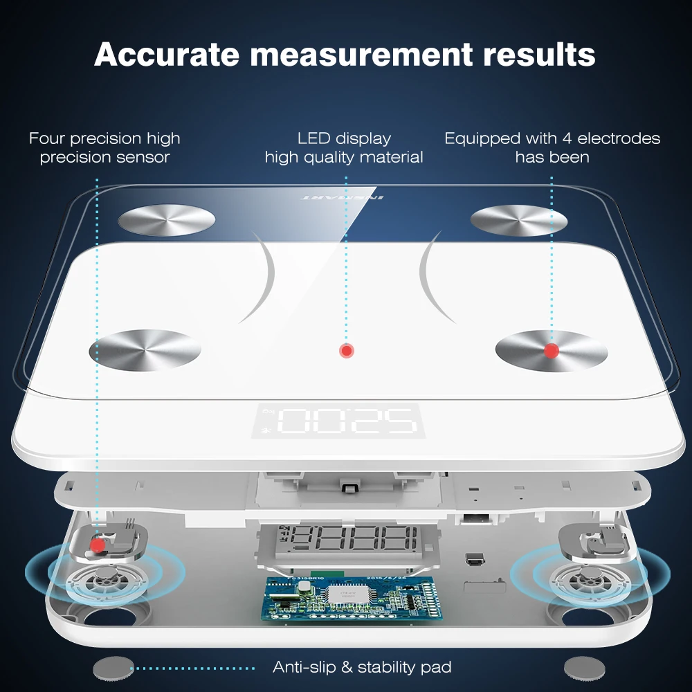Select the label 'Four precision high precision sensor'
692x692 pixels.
(x=104, y=148)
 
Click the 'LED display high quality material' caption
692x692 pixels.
(x=344, y=148)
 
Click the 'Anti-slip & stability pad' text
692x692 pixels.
(x=362, y=667)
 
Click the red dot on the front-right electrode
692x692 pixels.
(x=552, y=351)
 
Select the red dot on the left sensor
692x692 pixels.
(x=98, y=545)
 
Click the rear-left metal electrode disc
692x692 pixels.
(x=166, y=219)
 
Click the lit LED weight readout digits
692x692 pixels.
(x=346, y=421)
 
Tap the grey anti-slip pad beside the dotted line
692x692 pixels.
(x=113, y=668)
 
